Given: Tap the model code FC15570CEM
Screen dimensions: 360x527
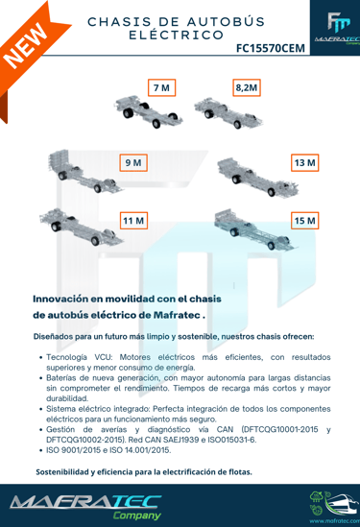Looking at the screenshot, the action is tap(271, 48).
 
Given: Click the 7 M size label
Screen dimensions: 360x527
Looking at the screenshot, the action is tap(161, 87).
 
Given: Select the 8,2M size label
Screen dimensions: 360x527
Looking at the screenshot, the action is tap(247, 87).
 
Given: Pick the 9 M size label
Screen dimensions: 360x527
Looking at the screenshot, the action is tap(133, 162).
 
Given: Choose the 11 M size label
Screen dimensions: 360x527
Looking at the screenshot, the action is tap(133, 221).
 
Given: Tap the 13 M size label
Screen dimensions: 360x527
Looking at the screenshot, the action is tap(305, 162).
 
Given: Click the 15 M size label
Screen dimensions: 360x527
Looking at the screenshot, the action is tap(305, 221).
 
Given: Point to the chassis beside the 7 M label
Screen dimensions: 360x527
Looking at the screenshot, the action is tap(148, 111).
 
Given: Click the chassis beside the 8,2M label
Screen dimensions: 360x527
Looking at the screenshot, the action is tap(228, 113).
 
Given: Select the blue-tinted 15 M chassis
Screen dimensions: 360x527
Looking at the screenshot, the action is tap(255, 229).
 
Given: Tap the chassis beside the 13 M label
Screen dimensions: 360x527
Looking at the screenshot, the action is tap(258, 178).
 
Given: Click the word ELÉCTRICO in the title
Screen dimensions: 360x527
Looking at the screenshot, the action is tap(177, 35).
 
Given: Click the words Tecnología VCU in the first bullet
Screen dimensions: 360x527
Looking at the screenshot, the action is tap(79, 357).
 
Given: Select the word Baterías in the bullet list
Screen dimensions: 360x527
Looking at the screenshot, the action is tap(60, 378).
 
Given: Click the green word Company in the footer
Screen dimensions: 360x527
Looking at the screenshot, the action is tap(137, 515).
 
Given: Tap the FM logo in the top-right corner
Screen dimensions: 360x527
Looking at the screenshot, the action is tap(339, 22).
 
